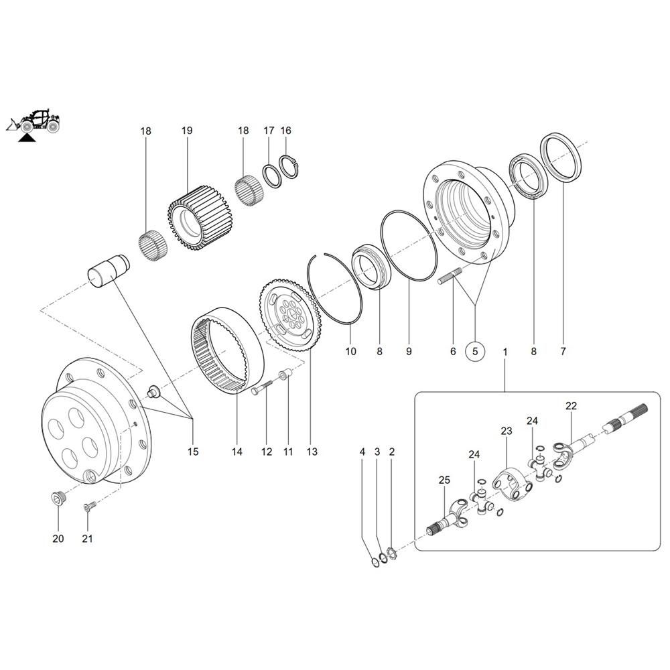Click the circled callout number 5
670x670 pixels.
[x=475, y=351]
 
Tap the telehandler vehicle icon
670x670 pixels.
[x=33, y=122]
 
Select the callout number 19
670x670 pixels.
[x=187, y=131]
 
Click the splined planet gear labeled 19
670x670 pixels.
[x=199, y=218]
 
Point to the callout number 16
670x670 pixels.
[x=286, y=131]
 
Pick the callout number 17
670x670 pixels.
[x=269, y=131]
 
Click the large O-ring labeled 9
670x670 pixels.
[x=409, y=246]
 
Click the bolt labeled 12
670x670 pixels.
[x=261, y=388]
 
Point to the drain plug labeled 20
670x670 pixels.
[x=57, y=498]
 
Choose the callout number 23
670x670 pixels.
[x=507, y=431]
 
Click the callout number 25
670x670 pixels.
[x=444, y=480]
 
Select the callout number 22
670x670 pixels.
[x=572, y=406]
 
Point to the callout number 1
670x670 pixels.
[x=505, y=352]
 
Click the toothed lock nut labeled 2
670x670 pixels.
[x=392, y=554]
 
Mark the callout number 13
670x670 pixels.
[x=312, y=452]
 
